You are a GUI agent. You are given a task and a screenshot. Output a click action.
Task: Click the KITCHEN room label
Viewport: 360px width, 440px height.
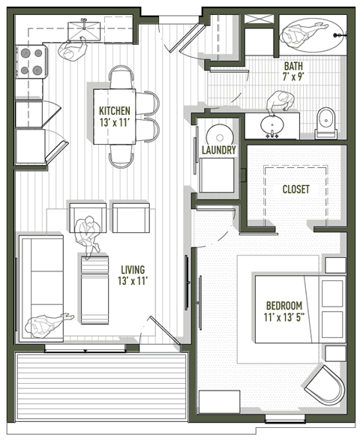pos(115,111)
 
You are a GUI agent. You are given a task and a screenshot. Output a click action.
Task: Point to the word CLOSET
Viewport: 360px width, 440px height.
pos(295,190)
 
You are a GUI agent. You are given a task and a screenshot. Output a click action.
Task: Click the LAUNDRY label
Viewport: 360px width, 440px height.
pos(219,150)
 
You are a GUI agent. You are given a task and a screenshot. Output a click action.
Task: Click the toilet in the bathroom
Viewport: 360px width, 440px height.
pos(326,124)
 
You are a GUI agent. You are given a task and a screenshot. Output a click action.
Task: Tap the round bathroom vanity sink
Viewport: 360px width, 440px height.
pos(272,124)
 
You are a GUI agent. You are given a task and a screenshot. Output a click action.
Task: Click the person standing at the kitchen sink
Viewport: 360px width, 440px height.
pos(73,49)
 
